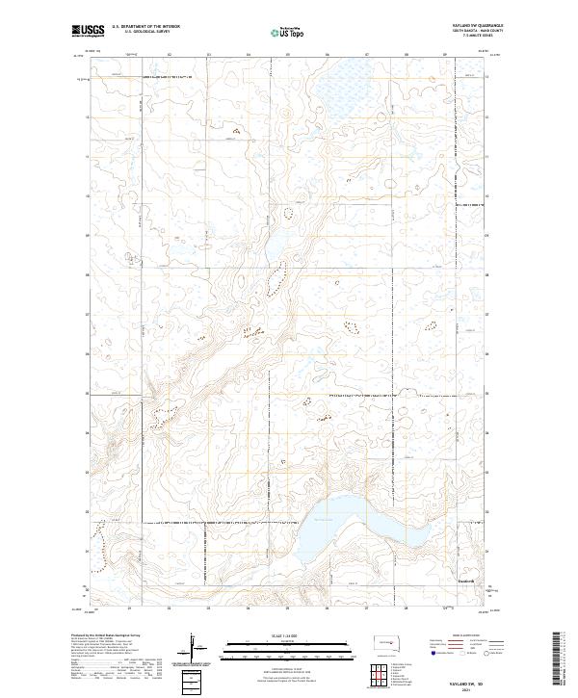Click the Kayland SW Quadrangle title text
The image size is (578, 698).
(476, 27)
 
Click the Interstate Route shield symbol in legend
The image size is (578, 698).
(434, 653)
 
